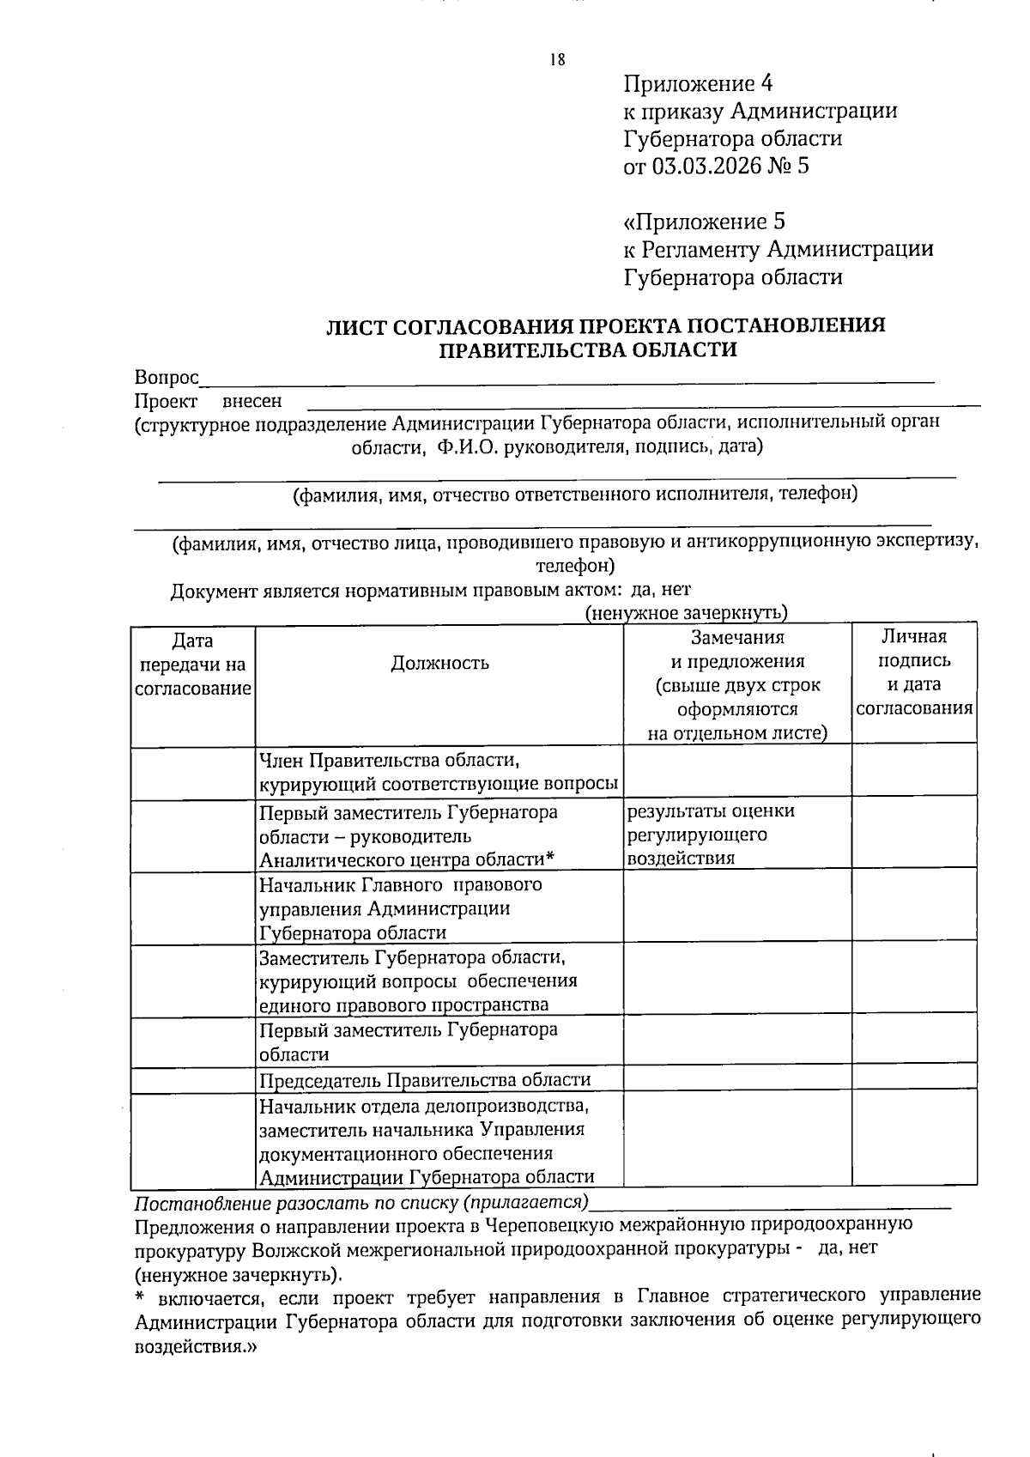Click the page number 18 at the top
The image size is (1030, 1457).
(557, 60)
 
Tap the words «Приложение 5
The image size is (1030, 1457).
(705, 222)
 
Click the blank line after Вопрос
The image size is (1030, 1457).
(566, 379)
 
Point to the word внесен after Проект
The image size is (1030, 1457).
(251, 401)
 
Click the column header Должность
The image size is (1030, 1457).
(440, 662)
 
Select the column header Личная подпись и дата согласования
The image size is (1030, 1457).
(914, 672)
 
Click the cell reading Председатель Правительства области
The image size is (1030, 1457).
(426, 1080)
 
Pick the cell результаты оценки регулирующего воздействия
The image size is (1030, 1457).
(711, 835)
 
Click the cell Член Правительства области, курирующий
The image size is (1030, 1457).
(439, 772)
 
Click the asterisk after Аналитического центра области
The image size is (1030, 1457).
(551, 858)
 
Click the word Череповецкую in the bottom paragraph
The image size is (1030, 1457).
(549, 1224)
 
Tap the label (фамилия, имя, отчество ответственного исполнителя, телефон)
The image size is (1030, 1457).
(575, 495)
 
